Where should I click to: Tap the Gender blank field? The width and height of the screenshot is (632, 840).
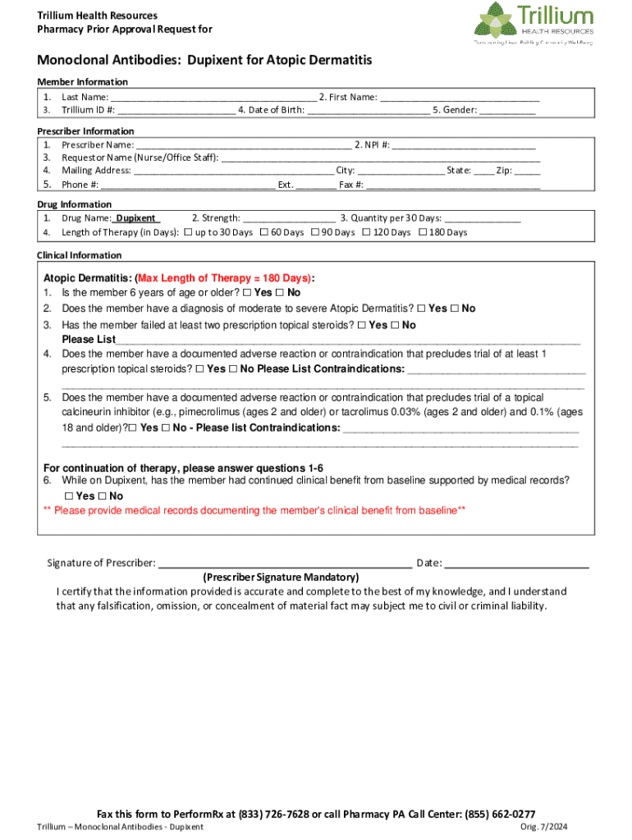[x=507, y=110]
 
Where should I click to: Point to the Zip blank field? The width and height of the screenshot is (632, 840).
[x=528, y=171]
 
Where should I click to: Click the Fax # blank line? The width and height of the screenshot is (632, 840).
[x=453, y=185]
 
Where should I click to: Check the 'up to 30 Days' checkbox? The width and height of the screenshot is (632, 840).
[x=188, y=233]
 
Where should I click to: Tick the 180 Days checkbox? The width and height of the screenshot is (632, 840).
[x=423, y=233]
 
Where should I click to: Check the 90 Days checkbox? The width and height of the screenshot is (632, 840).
[x=314, y=233]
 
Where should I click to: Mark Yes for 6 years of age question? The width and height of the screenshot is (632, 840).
[x=247, y=293]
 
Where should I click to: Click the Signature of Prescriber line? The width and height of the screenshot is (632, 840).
[x=284, y=564]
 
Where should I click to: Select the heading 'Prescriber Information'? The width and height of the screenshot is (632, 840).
[x=85, y=131]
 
